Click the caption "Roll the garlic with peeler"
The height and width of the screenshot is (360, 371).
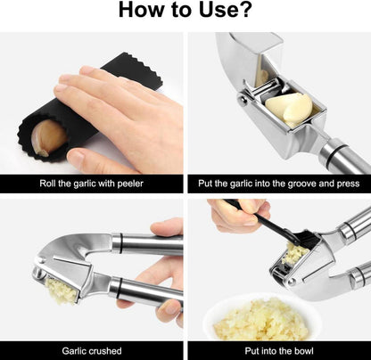91,184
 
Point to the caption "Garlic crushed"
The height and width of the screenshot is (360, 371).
91,350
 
